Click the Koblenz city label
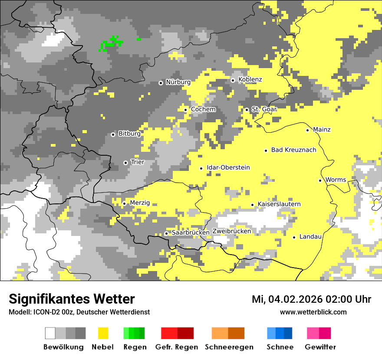[250, 79]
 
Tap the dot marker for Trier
[125, 163]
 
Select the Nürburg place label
[178, 82]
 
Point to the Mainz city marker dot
[307, 130]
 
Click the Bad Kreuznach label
[293, 150]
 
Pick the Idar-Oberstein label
[228, 167]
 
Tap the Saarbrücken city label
[191, 232]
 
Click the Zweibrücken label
[232, 231]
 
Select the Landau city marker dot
[294, 237]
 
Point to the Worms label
[336, 180]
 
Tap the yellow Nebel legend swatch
[103, 333]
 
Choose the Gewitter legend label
[320, 347]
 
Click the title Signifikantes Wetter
[72, 299]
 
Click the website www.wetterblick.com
[313, 312]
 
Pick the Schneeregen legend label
[229, 347]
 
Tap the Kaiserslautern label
[279, 204]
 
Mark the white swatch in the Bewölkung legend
[50, 333]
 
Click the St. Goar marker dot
[247, 110]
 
